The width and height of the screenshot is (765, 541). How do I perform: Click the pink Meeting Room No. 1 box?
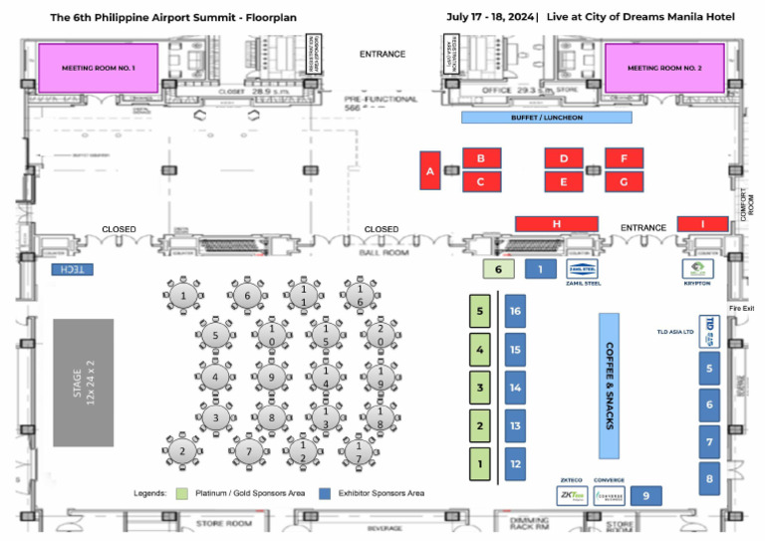pyautogui.click(x=98, y=68)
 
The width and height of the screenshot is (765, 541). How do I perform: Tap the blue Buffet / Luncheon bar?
pyautogui.click(x=546, y=118)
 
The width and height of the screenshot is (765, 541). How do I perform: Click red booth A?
pyautogui.click(x=430, y=170)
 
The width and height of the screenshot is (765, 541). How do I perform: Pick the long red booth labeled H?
pyautogui.click(x=556, y=223)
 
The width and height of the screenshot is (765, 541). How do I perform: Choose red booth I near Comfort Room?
pyautogui.click(x=702, y=223)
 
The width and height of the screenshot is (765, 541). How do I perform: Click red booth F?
pyautogui.click(x=624, y=157)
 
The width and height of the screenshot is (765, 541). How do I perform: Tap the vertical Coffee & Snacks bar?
pyautogui.click(x=609, y=372)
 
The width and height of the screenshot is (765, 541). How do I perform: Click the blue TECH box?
pyautogui.click(x=72, y=270)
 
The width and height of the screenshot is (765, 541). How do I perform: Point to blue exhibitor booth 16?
pyautogui.click(x=515, y=311)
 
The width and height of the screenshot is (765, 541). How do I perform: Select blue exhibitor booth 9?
pyautogui.click(x=645, y=495)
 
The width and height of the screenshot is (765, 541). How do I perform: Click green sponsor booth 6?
pyautogui.click(x=498, y=269)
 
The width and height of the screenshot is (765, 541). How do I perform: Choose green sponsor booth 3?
pyautogui.click(x=480, y=388)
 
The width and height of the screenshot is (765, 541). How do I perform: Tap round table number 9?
pyautogui.click(x=270, y=378)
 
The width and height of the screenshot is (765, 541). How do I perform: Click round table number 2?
pyautogui.click(x=182, y=450)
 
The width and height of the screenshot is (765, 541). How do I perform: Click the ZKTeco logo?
pyautogui.click(x=571, y=494)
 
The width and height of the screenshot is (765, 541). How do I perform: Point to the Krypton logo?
pyautogui.click(x=697, y=269)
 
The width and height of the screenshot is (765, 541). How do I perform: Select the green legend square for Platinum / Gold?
pyautogui.click(x=181, y=493)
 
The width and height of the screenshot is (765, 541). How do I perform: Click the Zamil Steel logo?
pyautogui.click(x=583, y=268)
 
